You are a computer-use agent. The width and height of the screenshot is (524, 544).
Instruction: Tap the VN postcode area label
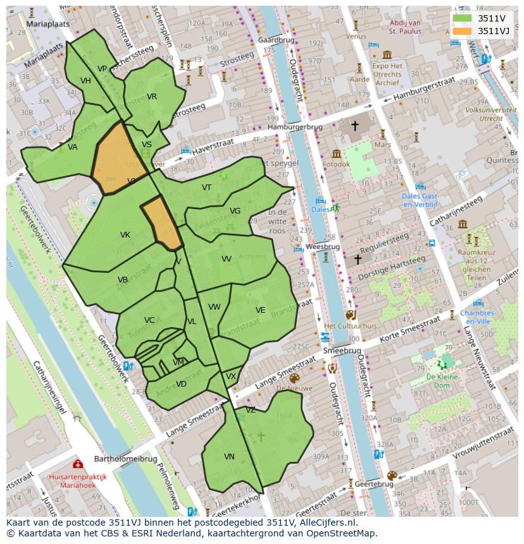(229, 456)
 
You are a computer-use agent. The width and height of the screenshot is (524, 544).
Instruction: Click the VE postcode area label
(260, 310)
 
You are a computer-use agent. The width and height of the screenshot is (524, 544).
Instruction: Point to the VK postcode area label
(125, 235)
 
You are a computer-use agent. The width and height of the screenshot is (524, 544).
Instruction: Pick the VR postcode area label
(152, 97)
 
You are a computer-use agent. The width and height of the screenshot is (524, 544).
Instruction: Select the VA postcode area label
(73, 147)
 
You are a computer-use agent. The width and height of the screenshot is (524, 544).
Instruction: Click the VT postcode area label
(206, 188)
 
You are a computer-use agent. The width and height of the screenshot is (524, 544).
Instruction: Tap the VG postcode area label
(235, 211)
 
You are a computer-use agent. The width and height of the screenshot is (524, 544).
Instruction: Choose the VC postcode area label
(149, 320)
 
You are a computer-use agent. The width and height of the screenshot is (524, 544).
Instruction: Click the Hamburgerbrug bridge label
(295, 127)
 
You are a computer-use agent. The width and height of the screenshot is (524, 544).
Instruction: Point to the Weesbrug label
(323, 246)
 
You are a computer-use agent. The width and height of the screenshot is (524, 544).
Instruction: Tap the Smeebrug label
(342, 351)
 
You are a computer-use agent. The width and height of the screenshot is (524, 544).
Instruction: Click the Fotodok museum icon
(336, 154)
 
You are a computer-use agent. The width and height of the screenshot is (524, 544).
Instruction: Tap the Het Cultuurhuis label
(350, 326)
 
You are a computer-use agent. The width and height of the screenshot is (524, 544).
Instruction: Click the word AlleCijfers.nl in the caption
(327, 523)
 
